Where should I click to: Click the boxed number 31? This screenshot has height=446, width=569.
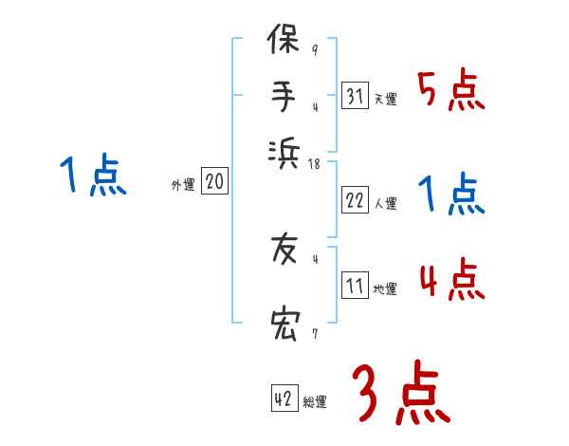(354, 96)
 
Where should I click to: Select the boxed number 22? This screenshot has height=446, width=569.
(354, 201)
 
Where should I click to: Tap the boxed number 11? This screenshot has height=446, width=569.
(354, 287)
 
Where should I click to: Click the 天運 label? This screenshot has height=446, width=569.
(385, 99)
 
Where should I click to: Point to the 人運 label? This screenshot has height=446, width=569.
(385, 203)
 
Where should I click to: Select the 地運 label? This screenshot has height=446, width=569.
(385, 289)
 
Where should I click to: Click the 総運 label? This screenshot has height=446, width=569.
(315, 402)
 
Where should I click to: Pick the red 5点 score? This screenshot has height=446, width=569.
(450, 90)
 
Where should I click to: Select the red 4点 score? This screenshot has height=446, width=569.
(451, 281)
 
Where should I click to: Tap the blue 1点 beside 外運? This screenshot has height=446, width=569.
(94, 177)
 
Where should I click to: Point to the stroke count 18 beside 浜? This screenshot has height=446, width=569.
(316, 164)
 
